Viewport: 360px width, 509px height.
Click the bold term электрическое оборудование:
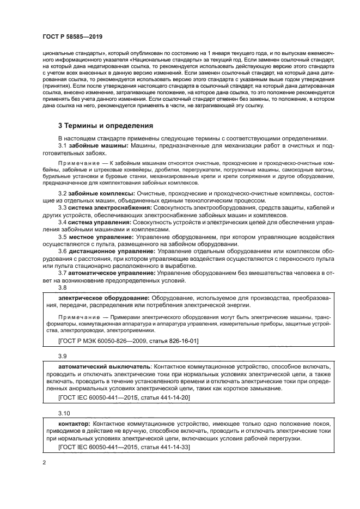coord(103,298)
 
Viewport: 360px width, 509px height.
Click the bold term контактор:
coord(75,422)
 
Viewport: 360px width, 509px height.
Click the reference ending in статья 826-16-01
coord(128,341)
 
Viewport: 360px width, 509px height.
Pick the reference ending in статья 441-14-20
coord(124,397)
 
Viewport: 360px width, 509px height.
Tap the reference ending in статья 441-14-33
coord(124,447)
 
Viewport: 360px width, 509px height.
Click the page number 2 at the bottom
coord(44,462)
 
